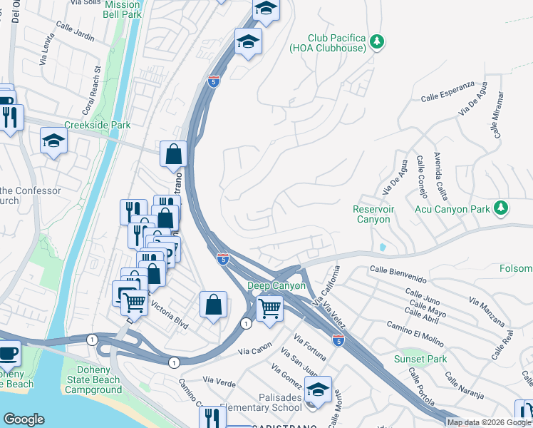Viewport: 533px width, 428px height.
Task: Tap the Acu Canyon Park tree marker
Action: (x=502, y=208)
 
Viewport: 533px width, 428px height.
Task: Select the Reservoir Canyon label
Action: (x=372, y=214)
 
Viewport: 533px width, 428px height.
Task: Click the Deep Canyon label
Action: (x=276, y=286)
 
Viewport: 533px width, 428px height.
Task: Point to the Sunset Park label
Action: (x=419, y=359)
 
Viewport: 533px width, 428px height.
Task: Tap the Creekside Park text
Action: (x=98, y=125)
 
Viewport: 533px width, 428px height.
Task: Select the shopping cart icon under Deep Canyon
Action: (x=269, y=309)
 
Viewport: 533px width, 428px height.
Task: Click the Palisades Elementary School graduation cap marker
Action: (x=319, y=389)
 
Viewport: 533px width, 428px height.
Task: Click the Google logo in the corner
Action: (x=24, y=419)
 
